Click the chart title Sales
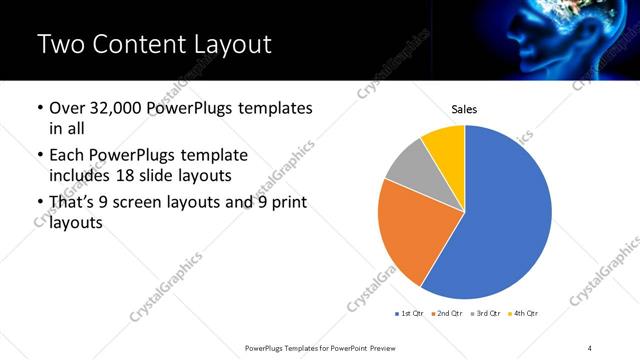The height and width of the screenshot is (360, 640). click(464, 108)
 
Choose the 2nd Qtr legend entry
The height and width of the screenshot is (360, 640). click(448, 314)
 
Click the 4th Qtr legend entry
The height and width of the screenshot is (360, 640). click(524, 314)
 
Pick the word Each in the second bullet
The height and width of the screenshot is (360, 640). click(68, 155)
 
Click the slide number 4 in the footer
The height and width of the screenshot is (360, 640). click(590, 347)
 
